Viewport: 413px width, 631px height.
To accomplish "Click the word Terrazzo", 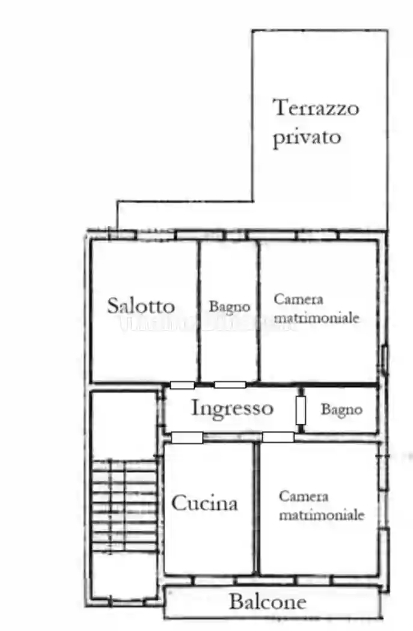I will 316,108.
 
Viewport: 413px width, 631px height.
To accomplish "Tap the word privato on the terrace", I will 307,137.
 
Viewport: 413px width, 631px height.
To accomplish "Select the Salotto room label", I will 141,306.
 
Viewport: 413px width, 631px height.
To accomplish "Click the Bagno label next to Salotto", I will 229,306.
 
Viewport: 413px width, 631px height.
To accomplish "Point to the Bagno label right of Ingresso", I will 341,410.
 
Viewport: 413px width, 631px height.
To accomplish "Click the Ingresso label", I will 232,409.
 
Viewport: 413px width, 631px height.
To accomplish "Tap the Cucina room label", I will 204,503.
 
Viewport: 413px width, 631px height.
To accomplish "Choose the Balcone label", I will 268,602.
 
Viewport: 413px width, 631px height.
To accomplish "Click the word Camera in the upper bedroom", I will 298,299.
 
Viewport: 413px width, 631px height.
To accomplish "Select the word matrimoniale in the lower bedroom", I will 322,515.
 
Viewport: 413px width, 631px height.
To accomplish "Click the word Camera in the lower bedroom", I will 304,496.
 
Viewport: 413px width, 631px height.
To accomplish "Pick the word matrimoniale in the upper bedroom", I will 317,317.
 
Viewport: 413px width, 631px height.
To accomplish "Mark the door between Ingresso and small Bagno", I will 301,410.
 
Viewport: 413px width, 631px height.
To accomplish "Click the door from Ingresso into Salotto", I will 182,385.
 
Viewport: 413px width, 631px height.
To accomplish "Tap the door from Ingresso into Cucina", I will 187,437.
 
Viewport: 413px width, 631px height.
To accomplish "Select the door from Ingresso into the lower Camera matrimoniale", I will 278,437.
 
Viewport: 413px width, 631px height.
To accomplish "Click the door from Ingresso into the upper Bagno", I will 230,385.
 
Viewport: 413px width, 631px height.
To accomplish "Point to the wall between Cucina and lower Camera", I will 256,508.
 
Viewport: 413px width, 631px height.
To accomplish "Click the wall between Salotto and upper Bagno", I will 198,309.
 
